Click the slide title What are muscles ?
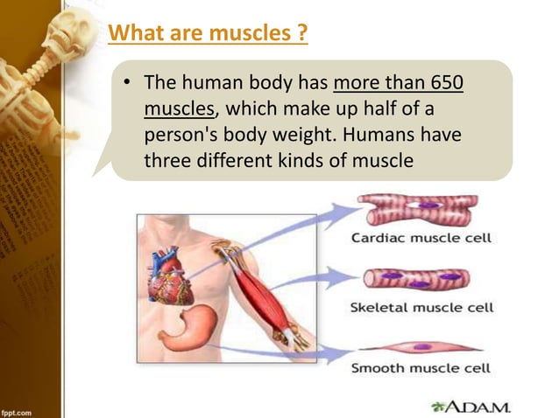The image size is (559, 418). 208,35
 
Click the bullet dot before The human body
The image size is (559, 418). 128,85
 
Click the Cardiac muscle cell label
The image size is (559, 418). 421,237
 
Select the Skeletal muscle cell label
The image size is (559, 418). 421,307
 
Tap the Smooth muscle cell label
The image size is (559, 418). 421,368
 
